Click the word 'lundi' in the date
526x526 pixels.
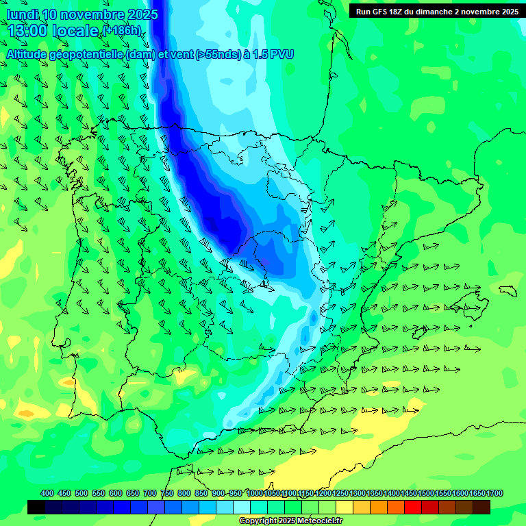click(22, 14)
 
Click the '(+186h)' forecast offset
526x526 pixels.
click(122, 31)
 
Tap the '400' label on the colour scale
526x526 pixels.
click(47, 493)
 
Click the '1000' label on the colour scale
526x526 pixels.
click(255, 493)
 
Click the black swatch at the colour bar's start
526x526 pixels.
click(36, 507)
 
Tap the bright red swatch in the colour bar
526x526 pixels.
click(412, 507)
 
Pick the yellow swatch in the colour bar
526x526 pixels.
click(361, 507)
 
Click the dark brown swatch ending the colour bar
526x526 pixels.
click(481, 507)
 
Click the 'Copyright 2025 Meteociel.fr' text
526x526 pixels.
click(290, 521)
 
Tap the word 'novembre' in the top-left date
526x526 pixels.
click(92, 14)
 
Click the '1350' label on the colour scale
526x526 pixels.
click(375, 493)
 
